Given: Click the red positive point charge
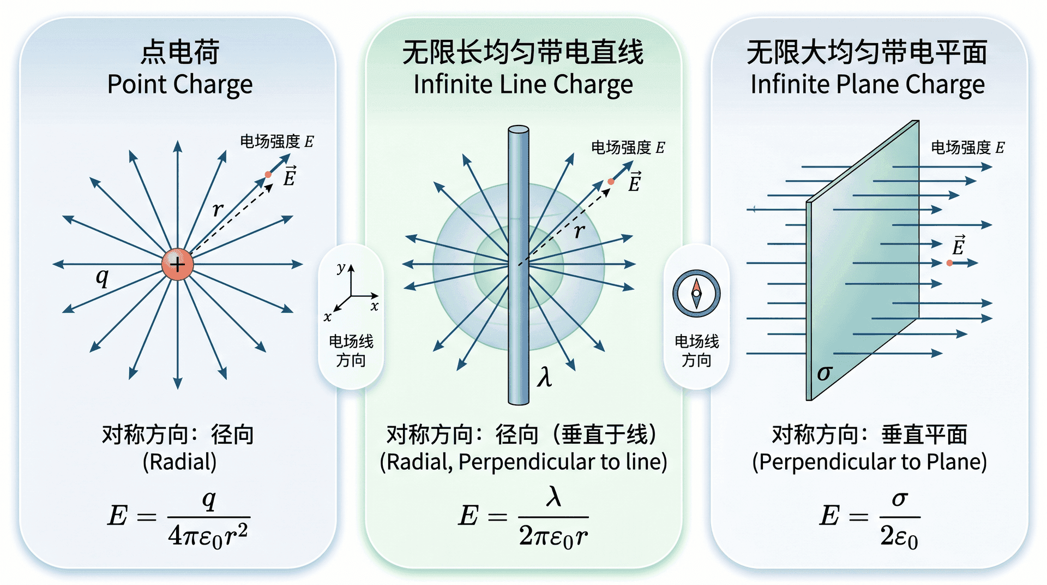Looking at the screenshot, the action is coord(177,264).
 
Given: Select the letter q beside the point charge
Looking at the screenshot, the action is coord(102,277).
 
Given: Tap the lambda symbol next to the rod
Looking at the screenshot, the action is coord(544,377).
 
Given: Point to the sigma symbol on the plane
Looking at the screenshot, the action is coord(825,373).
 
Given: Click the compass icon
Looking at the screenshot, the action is coord(696,294).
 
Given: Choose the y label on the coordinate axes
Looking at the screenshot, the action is coord(341,267).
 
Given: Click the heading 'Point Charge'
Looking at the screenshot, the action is coord(180,85).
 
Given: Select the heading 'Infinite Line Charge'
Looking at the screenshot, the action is coord(523,85).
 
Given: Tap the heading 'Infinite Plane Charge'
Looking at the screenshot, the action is coord(868,85).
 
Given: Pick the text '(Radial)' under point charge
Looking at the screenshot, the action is coord(180,462).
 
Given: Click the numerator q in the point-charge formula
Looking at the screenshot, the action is coord(209,499).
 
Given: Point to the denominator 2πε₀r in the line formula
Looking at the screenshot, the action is coord(553,536).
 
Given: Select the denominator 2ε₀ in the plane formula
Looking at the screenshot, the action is coord(899,536).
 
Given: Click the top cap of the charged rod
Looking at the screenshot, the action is coord(519,130).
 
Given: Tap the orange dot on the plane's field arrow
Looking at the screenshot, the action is coord(949,263).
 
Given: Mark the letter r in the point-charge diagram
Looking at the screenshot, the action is coord(218,209).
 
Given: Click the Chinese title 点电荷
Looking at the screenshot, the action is coord(180,52).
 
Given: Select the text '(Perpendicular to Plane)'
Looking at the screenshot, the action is coord(869,462).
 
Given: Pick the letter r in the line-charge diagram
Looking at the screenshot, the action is coord(580,231).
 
